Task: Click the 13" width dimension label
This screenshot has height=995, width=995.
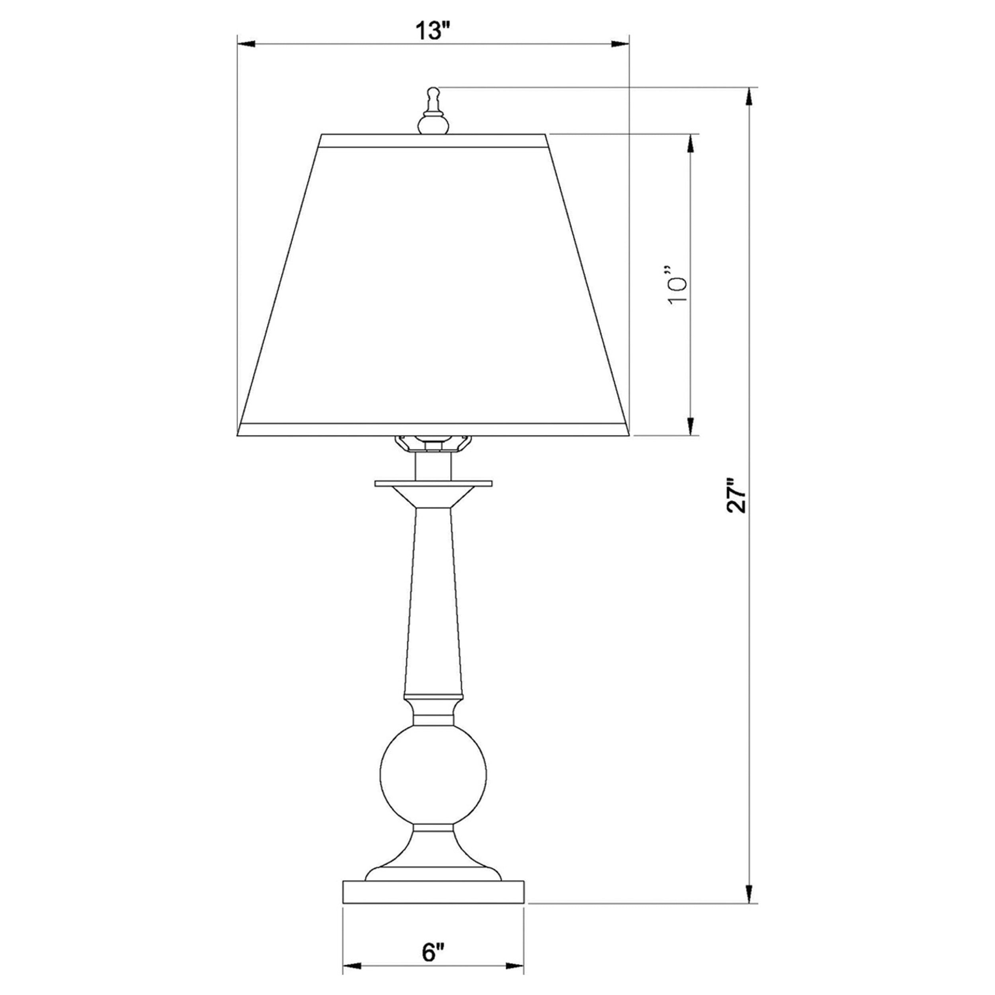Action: coord(433,32)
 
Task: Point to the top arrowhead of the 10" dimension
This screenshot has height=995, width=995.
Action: coord(690,144)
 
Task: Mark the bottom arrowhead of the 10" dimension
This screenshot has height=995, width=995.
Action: coord(690,426)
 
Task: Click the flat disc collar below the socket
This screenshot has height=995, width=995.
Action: coord(433,484)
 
